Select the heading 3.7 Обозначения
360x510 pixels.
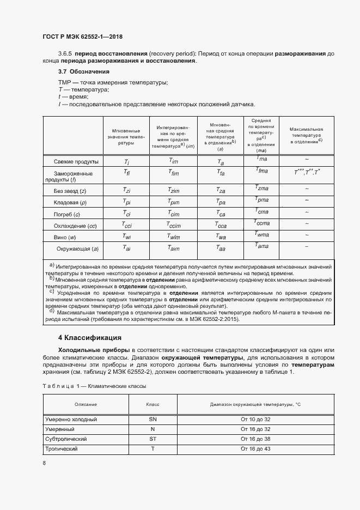[x=84, y=72]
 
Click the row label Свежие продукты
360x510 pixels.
[x=76, y=162]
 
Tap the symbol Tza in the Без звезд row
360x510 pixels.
[x=221, y=191]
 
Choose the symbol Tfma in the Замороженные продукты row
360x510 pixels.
[x=261, y=171]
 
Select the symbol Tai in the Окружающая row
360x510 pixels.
[x=126, y=248]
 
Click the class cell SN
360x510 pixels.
[x=152, y=420]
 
